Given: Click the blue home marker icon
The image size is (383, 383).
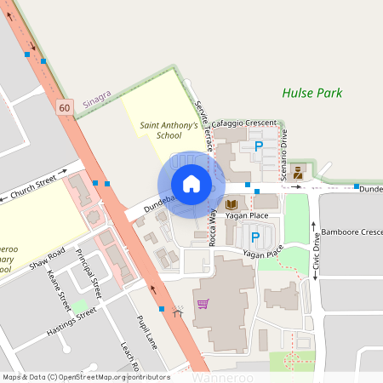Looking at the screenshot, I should point(191,184).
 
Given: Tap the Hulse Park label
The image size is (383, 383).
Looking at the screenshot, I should point(312,93).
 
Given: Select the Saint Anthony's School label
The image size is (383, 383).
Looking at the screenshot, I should point(169,130).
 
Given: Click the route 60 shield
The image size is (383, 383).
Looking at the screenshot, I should point(65,107).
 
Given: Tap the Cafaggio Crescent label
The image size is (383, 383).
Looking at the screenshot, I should point(244,123).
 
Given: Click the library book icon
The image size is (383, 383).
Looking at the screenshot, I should point(232,204).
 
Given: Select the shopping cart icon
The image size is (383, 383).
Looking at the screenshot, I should point(203,303).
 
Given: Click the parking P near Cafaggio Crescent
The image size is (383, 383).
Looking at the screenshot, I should point(258,146).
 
